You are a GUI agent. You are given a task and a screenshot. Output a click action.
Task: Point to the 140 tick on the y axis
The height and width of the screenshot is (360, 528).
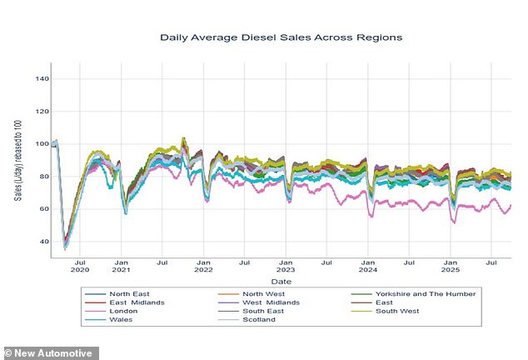coord(41,79)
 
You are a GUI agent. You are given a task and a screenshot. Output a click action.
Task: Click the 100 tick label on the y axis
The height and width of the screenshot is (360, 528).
coord(41,144)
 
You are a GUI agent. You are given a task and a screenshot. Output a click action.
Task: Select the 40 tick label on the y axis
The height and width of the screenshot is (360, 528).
coord(42,242)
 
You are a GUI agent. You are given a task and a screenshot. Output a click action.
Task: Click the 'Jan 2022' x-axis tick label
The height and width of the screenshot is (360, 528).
coord(203,267)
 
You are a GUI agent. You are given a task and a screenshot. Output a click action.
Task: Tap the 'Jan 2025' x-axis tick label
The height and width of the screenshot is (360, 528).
coord(450,267)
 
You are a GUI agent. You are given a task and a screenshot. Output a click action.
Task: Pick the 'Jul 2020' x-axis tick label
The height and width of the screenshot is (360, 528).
coord(80,267)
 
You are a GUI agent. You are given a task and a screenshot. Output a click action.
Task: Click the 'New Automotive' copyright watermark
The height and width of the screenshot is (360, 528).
coord(50,352)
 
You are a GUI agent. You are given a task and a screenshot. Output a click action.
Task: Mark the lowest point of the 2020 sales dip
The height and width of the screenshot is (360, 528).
coord(65,247)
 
